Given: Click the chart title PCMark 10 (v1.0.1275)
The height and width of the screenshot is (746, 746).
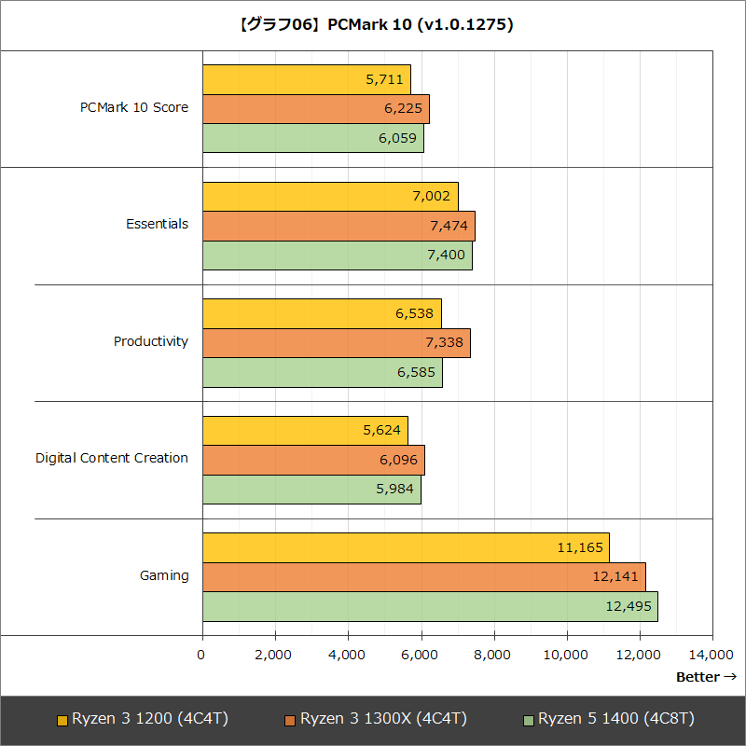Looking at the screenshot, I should [x=373, y=25].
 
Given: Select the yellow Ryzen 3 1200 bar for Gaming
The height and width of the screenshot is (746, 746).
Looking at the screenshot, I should [x=406, y=547].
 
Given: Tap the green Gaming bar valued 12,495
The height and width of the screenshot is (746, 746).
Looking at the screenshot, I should [x=430, y=606].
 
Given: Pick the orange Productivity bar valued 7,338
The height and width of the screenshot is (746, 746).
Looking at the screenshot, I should [x=336, y=343].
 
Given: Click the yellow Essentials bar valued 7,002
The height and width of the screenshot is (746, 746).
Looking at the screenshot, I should [x=330, y=197].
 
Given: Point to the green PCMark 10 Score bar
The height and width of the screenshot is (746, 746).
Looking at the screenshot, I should [x=313, y=138].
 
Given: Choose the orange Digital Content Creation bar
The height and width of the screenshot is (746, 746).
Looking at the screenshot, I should [x=313, y=460].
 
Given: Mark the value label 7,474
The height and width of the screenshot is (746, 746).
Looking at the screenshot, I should [x=449, y=227].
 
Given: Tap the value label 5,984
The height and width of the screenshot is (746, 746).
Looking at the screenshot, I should [x=395, y=490].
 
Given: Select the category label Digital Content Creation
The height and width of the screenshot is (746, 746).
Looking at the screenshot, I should [x=112, y=458].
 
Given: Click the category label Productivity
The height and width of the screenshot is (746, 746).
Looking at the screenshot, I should [x=151, y=341].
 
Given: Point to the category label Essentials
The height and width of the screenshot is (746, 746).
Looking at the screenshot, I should [x=158, y=224].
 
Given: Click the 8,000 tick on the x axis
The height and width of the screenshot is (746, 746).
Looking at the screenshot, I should [x=493, y=655].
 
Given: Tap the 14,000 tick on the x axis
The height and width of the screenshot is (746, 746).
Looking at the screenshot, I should [x=711, y=655].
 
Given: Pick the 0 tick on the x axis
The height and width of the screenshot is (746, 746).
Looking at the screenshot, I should [x=202, y=655].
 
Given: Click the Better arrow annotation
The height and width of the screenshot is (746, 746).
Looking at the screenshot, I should [x=706, y=677].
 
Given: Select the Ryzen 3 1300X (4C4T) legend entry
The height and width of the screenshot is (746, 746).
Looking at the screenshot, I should [x=375, y=719].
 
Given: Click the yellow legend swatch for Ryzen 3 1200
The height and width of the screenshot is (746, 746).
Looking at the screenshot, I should [x=62, y=720].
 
